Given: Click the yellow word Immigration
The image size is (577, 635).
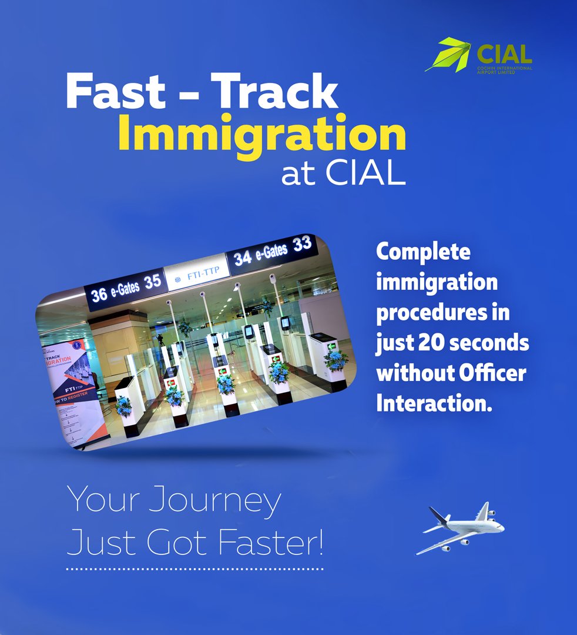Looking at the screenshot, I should point(262,136).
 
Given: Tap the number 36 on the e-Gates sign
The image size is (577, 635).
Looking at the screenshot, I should point(99,293).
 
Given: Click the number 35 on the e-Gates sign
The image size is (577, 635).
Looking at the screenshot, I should point(152,282).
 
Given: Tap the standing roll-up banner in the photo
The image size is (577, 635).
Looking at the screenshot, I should point(73,388).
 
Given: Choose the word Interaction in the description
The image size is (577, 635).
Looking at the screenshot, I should point(434,404).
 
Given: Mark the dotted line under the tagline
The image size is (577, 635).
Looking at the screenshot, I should point(194,569).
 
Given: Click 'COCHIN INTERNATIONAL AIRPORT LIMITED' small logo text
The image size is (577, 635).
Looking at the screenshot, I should point(504,69).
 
